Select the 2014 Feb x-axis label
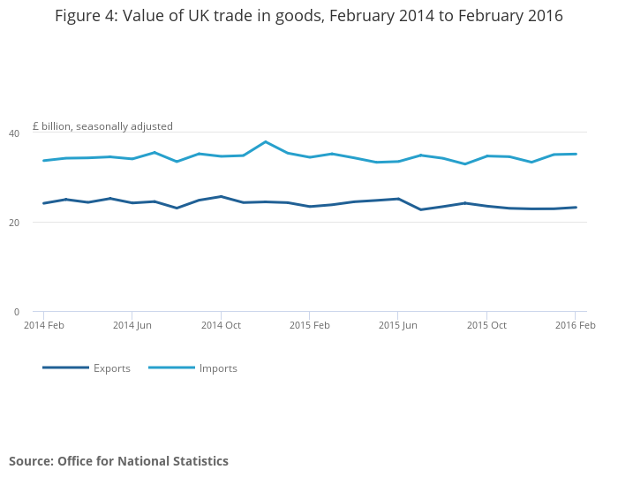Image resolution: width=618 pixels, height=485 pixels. coord(43,325)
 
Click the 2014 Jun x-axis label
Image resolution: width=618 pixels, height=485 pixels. coord(132,325)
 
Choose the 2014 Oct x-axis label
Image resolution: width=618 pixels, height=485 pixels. coord(221,325)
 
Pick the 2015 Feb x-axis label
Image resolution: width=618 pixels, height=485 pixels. coord(309,325)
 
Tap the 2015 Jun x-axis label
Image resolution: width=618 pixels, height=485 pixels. coord(397,325)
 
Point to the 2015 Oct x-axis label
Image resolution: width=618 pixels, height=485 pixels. coord(486,325)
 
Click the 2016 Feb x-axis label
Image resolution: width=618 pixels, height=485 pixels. coord(575,325)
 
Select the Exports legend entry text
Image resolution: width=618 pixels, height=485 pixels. coord(112,368)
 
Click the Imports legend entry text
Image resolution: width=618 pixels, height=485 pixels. coord(218,368)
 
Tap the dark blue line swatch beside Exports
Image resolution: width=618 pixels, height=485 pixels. coord(65,368)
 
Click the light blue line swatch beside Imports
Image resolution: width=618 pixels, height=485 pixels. coord(171,368)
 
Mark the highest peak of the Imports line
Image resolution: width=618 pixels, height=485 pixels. coord(265,141)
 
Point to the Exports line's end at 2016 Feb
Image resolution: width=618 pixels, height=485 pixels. coord(576,208)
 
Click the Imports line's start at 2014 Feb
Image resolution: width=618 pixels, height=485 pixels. coord(43,161)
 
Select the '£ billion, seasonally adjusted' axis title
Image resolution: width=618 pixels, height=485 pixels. coord(102,126)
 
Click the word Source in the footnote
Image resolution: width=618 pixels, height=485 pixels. coord(31,461)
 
